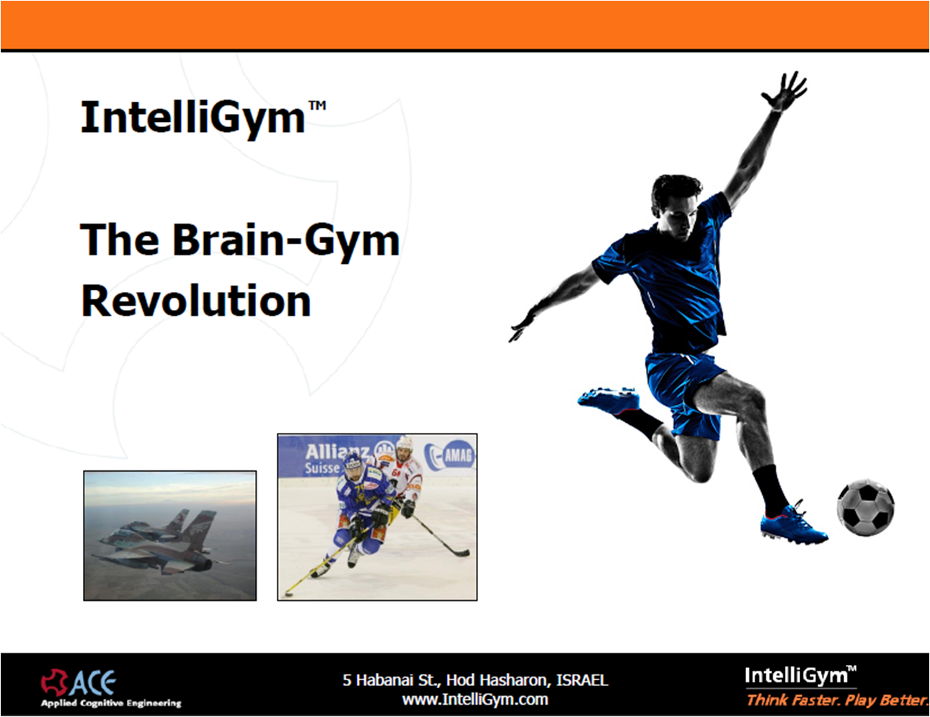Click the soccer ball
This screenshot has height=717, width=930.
(x=865, y=508)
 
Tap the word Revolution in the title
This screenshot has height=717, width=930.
(x=195, y=301)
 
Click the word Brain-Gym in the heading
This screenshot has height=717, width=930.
(x=286, y=240)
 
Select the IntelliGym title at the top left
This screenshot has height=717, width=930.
(x=203, y=118)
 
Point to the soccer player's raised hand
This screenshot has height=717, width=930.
(x=784, y=91)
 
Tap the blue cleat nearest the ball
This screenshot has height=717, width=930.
(x=794, y=525)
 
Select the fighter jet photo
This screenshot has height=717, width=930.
(x=170, y=535)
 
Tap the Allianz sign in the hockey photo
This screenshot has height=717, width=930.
(x=337, y=459)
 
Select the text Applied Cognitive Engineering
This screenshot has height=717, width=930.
(x=111, y=703)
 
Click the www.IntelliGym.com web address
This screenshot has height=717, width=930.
(x=475, y=699)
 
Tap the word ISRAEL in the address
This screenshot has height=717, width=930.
(x=582, y=679)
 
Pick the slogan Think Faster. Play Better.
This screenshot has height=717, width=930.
(x=837, y=700)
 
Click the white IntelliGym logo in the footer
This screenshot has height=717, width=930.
(x=801, y=675)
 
